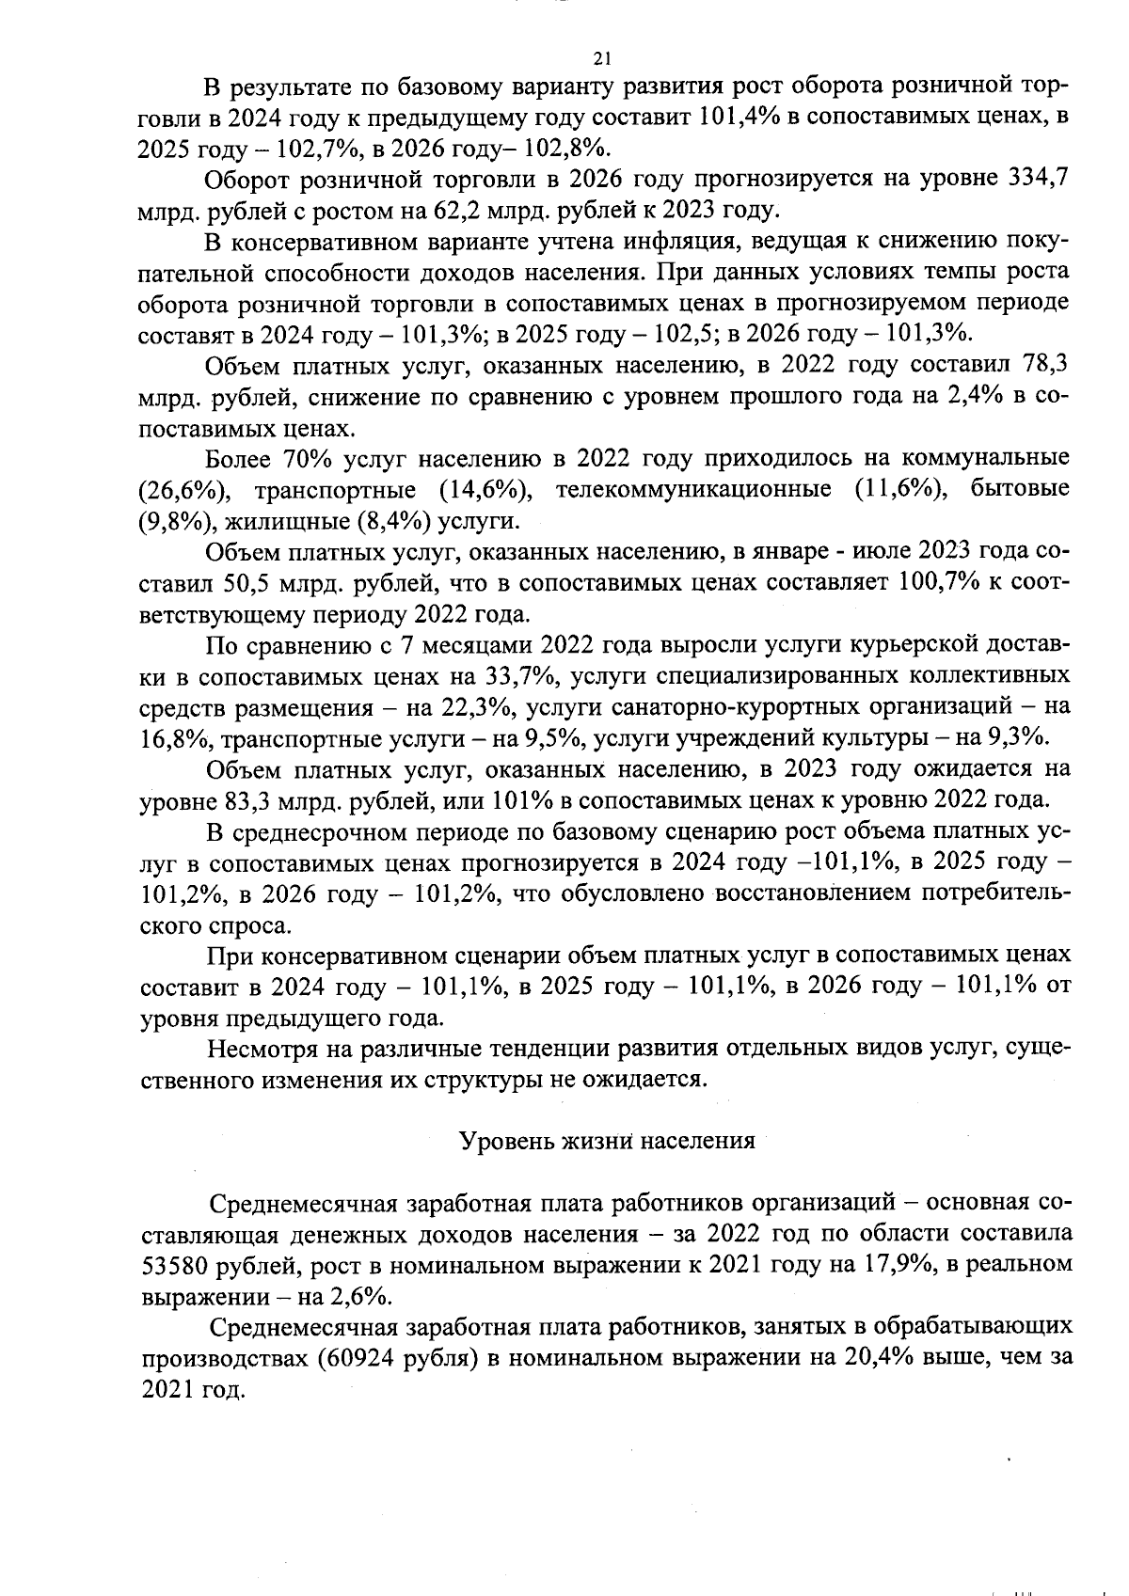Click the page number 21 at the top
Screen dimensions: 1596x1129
(602, 58)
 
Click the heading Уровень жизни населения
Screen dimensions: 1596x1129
(607, 1141)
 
